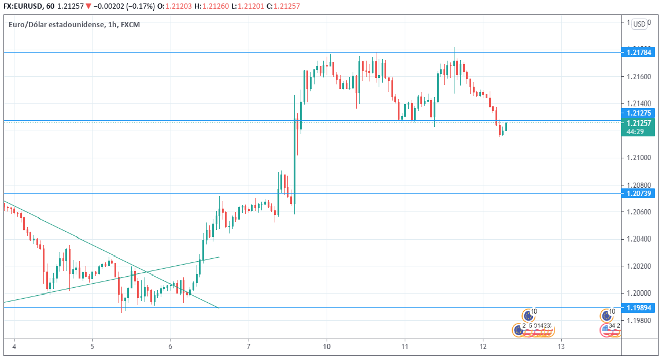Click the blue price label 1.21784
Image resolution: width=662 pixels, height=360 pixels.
point(639,53)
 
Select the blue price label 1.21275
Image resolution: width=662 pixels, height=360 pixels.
point(639,113)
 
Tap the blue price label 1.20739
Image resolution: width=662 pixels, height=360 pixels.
point(639,193)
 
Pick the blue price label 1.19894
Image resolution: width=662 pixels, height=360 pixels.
point(639,308)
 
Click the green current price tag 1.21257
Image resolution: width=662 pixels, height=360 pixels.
point(639,123)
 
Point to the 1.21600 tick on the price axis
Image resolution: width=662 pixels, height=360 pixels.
point(639,76)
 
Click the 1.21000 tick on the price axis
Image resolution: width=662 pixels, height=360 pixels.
point(639,158)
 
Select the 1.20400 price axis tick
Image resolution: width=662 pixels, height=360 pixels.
point(639,239)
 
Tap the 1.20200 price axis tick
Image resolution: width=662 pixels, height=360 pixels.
point(639,266)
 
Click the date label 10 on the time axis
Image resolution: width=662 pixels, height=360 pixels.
point(327,347)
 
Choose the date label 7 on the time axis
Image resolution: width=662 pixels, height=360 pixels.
point(248,347)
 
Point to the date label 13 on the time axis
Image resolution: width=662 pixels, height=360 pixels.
point(561,347)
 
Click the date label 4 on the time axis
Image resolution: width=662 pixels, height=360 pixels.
point(14,347)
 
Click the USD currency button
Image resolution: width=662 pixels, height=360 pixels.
point(639,24)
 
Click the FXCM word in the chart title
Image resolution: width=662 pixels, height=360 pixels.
point(130,25)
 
